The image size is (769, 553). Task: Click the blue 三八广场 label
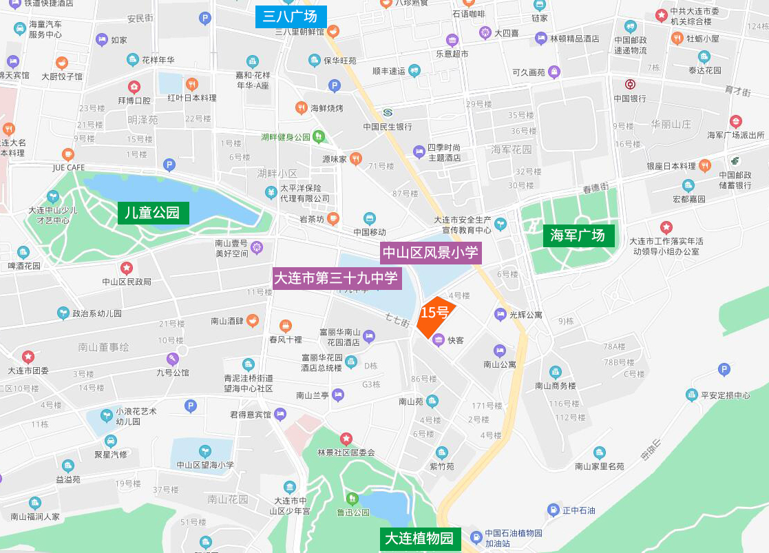click(x=290, y=17)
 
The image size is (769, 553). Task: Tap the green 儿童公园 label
click(x=153, y=213)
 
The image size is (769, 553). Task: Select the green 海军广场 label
click(x=578, y=236)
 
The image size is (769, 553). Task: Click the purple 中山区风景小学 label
click(x=430, y=253)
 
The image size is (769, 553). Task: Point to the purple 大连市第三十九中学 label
click(x=336, y=278)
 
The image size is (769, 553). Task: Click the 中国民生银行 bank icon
click(x=388, y=112)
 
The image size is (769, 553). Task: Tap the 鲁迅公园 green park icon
click(x=352, y=498)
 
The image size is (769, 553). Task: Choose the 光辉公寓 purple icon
click(x=501, y=314)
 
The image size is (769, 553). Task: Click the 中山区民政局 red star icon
click(x=127, y=267)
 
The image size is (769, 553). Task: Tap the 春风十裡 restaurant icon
click(x=286, y=326)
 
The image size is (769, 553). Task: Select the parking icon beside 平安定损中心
click(x=724, y=370)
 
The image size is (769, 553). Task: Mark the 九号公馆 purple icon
click(x=172, y=359)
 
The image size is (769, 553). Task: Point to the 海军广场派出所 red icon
click(x=736, y=121)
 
